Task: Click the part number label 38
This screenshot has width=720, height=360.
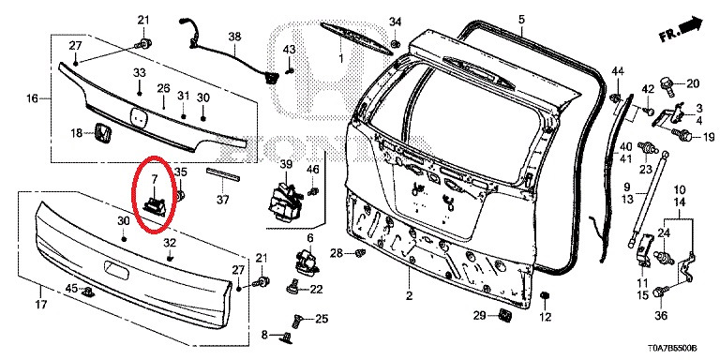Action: click(x=234, y=37)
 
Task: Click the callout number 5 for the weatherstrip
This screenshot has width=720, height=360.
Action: click(x=521, y=18)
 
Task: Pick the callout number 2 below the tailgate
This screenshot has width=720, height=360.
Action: click(x=409, y=297)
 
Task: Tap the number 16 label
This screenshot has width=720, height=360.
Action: click(x=31, y=98)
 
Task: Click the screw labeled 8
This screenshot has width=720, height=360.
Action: click(x=288, y=336)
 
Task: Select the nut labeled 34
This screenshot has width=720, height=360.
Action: click(x=397, y=42)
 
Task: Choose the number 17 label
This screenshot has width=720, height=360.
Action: click(x=40, y=305)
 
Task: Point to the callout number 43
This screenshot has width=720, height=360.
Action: click(x=290, y=49)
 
